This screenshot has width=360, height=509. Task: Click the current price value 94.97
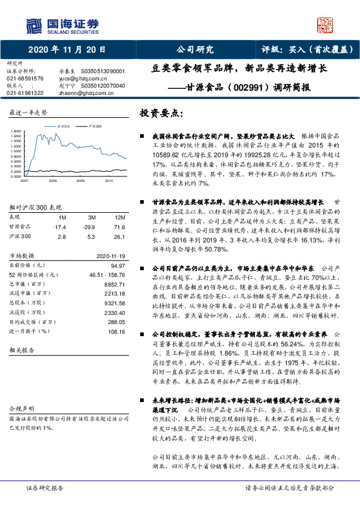point(118,265)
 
